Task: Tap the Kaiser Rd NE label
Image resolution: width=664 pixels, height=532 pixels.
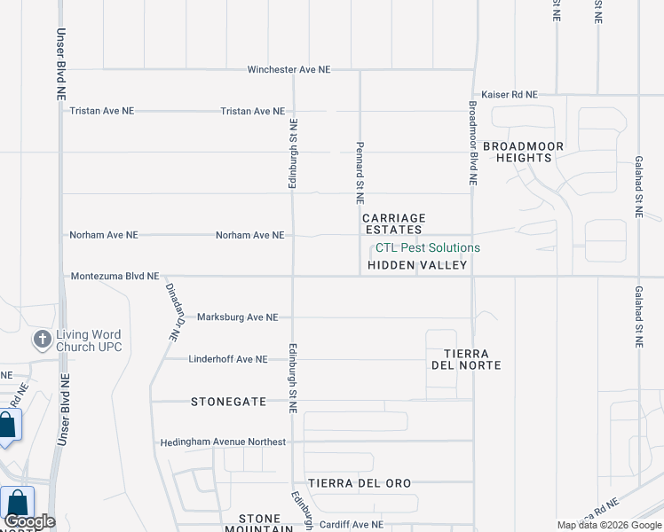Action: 510,94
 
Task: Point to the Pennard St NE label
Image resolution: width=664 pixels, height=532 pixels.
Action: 360,172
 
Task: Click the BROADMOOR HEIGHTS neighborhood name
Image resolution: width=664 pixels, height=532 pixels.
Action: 518,151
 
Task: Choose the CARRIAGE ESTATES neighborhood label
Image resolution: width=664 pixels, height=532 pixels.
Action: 394,223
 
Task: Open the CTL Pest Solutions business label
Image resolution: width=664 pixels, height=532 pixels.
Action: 428,247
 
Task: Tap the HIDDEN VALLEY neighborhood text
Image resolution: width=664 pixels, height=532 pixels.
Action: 417,265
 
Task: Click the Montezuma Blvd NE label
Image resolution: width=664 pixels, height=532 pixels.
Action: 115,277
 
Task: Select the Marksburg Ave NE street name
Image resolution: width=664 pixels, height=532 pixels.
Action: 237,317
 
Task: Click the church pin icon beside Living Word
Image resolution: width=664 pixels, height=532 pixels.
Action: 42,340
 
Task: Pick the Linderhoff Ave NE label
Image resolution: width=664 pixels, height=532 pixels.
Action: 228,359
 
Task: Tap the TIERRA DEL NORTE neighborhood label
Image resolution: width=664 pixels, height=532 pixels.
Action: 466,359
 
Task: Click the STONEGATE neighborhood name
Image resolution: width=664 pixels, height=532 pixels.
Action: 228,402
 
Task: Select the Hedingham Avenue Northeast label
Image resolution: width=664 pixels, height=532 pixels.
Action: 223,442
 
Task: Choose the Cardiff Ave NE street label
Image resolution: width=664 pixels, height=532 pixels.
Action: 352,524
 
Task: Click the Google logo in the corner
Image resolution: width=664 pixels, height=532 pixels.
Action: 29,521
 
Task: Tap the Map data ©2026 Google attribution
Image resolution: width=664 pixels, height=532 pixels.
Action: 610,525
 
